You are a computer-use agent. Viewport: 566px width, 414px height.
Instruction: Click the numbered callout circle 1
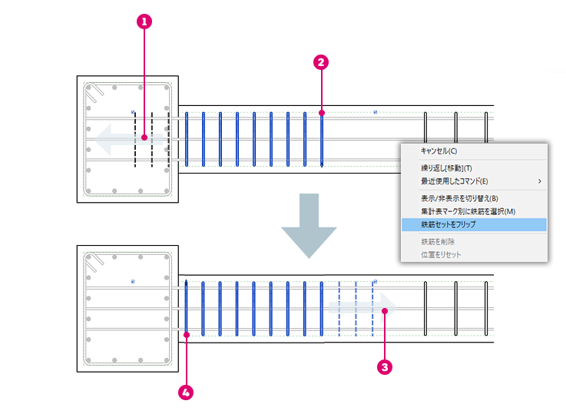click(x=144, y=22)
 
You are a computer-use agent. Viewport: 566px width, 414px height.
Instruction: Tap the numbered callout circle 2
click(x=321, y=62)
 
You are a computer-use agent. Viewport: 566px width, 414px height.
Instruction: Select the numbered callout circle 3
click(x=385, y=367)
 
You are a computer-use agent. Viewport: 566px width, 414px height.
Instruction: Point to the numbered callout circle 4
click(x=186, y=392)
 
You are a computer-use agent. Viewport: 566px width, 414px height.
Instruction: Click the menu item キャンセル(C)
click(x=439, y=151)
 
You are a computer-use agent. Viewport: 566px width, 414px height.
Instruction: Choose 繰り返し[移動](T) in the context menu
click(x=446, y=168)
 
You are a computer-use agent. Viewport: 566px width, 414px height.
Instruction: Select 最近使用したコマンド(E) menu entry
click(x=454, y=181)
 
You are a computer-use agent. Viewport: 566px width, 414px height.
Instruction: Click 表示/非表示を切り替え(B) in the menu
click(x=459, y=198)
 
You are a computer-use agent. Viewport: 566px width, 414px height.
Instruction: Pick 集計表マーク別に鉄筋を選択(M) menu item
click(x=468, y=211)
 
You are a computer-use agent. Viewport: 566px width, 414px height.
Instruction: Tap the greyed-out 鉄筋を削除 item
click(x=438, y=242)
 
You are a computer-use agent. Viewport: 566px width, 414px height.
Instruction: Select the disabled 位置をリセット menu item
click(x=441, y=255)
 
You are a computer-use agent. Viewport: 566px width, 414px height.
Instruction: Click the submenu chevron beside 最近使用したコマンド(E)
click(x=540, y=181)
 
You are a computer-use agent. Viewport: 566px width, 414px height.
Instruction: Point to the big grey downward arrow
click(x=309, y=224)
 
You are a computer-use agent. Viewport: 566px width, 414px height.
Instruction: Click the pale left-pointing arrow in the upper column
click(x=128, y=140)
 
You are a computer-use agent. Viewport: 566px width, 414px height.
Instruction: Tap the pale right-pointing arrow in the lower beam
click(x=362, y=308)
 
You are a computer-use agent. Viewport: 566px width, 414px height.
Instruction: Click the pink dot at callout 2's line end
click(x=322, y=113)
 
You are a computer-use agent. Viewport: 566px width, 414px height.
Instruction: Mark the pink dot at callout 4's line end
click(x=187, y=335)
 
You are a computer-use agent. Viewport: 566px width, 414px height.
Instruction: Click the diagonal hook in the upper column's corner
click(x=94, y=93)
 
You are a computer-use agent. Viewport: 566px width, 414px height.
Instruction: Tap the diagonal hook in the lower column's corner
click(x=94, y=263)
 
